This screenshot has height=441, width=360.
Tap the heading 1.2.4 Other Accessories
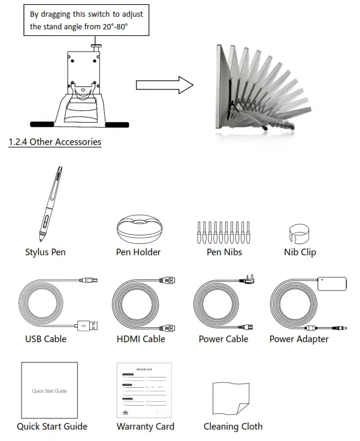click(55, 142)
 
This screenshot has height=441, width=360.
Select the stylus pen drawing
click(52, 203)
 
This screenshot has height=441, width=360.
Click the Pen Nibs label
click(224, 252)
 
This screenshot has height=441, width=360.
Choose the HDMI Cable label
click(141, 339)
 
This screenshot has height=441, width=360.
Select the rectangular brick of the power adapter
click(331, 283)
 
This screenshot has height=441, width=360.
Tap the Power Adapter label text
click(299, 339)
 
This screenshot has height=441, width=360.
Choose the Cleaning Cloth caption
click(233, 427)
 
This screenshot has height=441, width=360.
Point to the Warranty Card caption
click(146, 427)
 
